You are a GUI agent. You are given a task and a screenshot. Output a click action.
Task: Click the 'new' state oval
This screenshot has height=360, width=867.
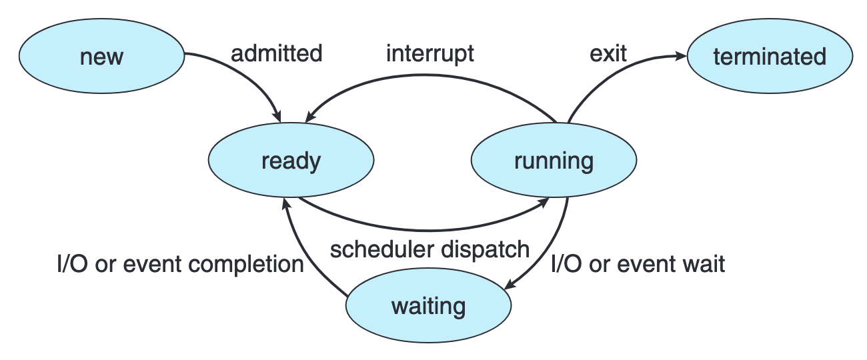click(101, 56)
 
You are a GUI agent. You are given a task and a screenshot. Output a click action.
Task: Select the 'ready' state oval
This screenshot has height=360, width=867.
click(291, 161)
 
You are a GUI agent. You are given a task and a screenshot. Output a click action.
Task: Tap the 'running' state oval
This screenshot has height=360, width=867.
click(554, 161)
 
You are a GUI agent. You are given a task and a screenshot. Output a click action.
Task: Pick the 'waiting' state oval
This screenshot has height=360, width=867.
click(428, 306)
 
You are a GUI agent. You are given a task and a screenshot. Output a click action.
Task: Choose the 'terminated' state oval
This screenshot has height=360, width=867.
click(770, 56)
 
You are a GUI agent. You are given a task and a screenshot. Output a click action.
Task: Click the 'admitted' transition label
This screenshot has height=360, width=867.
click(276, 53)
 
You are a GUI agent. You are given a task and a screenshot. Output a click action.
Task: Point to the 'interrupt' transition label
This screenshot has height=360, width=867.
click(430, 53)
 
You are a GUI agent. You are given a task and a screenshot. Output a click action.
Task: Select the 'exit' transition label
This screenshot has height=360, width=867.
click(608, 53)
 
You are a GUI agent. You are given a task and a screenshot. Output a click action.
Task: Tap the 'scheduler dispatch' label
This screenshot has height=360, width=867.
click(430, 249)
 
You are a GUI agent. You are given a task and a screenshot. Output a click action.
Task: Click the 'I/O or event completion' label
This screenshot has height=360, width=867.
click(180, 265)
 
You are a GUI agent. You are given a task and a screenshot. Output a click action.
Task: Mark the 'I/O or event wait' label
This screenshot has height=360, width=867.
click(638, 265)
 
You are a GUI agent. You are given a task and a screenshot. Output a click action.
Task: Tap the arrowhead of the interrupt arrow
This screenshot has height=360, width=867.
click(309, 115)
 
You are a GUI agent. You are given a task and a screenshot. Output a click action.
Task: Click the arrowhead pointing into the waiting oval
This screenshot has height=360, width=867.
click(510, 285)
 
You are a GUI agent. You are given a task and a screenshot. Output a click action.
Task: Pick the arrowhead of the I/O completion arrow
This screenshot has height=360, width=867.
click(285, 203)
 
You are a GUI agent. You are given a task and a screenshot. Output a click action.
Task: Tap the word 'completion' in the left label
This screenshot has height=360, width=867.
click(246, 265)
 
